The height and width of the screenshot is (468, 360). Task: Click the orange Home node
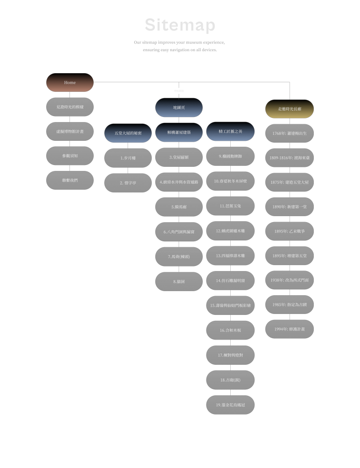[x=70, y=83]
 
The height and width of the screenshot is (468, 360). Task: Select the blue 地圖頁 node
[x=179, y=107]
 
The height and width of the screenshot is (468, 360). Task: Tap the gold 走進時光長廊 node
[x=290, y=109]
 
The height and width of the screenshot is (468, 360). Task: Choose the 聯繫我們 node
[x=70, y=180]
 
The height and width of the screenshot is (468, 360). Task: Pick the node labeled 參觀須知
[x=70, y=156]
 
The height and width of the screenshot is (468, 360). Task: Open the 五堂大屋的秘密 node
[x=128, y=133]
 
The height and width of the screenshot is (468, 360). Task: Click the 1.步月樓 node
[x=128, y=158]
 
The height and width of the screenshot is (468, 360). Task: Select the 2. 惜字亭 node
[x=128, y=183]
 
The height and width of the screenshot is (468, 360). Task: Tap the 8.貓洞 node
[x=179, y=282]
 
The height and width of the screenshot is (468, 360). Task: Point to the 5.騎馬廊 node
[x=179, y=207]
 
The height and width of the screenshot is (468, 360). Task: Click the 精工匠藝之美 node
[x=230, y=131]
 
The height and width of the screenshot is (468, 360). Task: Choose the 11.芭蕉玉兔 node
[x=230, y=206]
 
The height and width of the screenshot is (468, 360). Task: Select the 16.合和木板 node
[x=230, y=330]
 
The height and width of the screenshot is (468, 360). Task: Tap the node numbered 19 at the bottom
[x=230, y=405]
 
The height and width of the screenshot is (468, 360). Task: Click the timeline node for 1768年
[x=290, y=133]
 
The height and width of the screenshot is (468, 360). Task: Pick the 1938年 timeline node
[x=290, y=280]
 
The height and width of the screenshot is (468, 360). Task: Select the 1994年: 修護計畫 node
[x=290, y=329]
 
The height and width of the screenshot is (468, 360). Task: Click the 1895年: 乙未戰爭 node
[x=290, y=231]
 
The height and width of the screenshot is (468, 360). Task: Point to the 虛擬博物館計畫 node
[x=70, y=131]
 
